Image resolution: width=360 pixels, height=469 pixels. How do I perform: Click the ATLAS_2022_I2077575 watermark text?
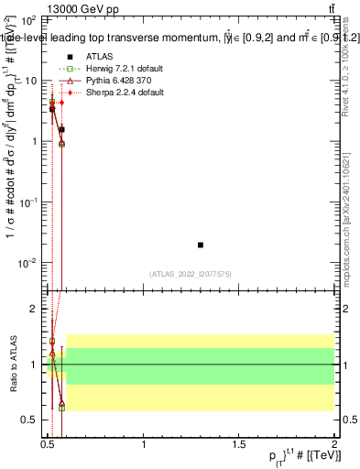click(x=191, y=274)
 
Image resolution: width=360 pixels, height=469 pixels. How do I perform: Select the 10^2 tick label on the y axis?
click(x=27, y=19)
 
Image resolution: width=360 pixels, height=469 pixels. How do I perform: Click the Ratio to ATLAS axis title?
click(x=12, y=365)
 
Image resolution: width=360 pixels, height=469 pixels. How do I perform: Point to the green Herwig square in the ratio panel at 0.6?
click(x=61, y=408)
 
